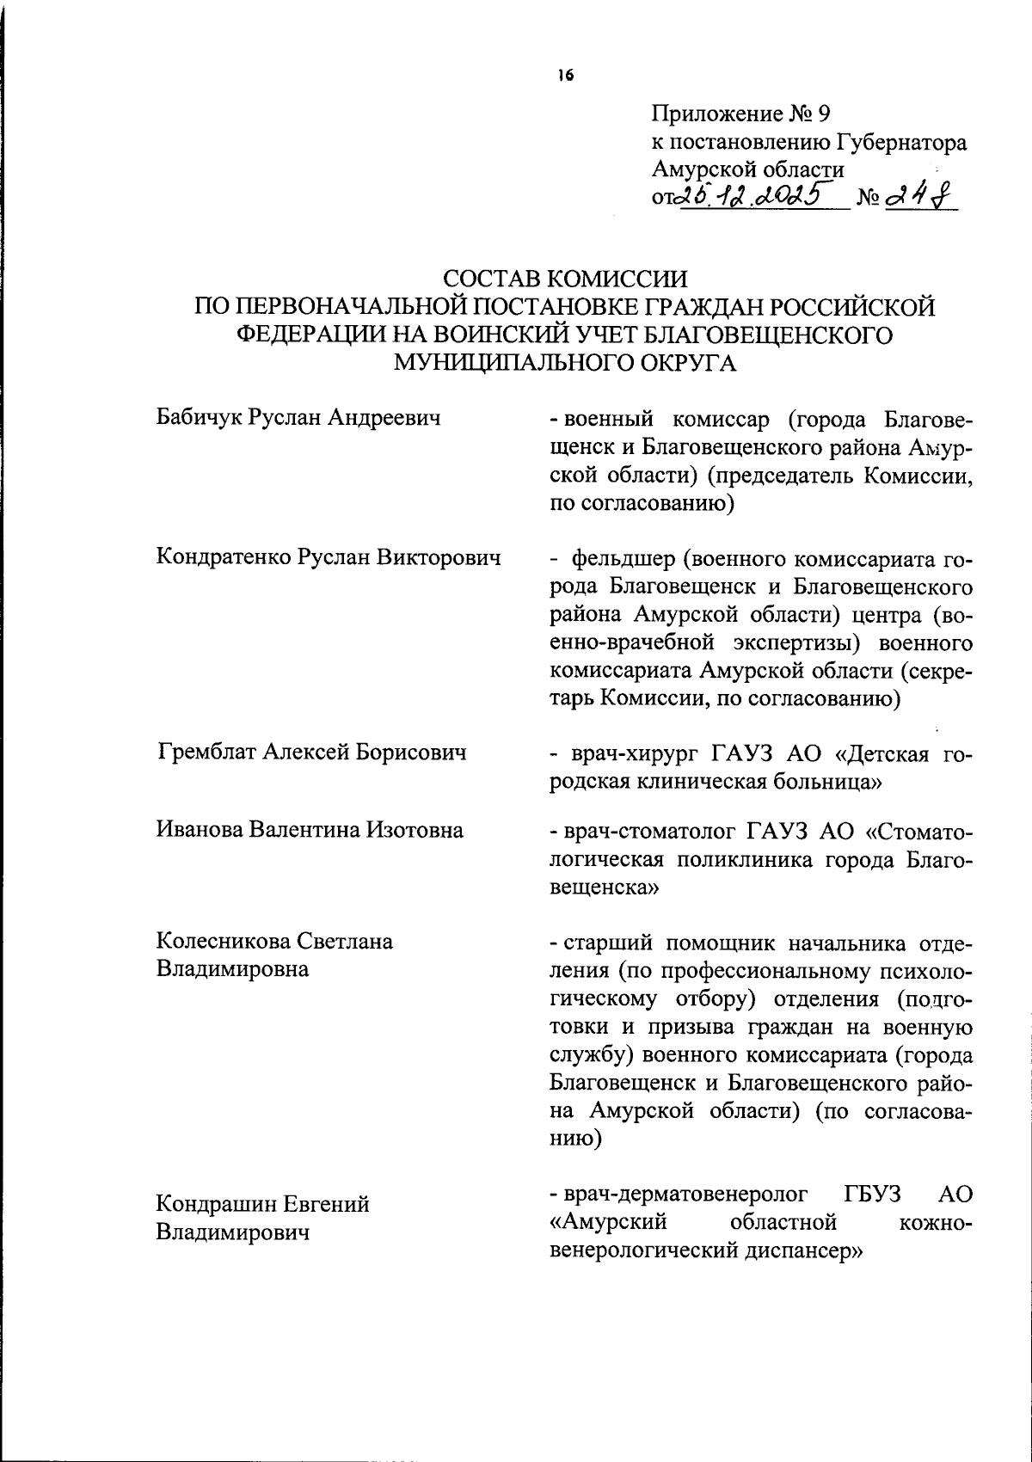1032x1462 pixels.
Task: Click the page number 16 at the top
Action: [x=564, y=76]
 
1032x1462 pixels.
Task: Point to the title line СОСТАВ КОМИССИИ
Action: [x=565, y=279]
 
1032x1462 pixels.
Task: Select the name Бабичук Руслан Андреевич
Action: [x=298, y=419]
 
